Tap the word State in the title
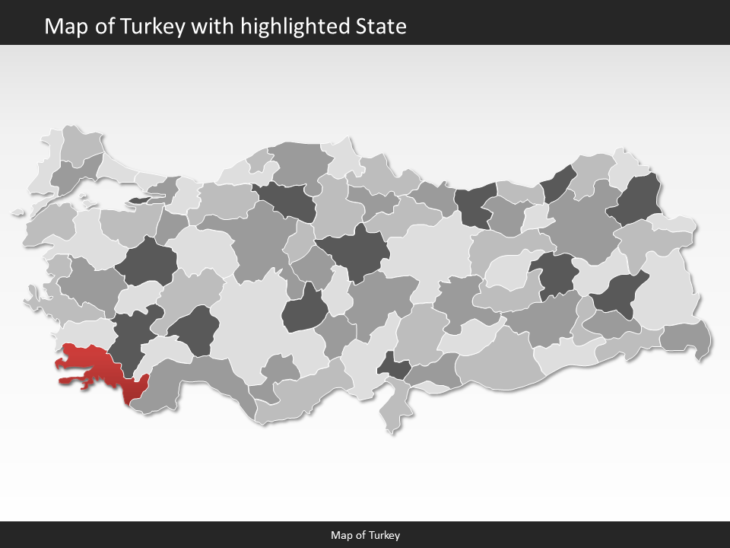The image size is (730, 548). (x=381, y=27)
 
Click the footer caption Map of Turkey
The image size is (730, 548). (x=365, y=535)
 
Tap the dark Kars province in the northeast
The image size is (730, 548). (x=637, y=199)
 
